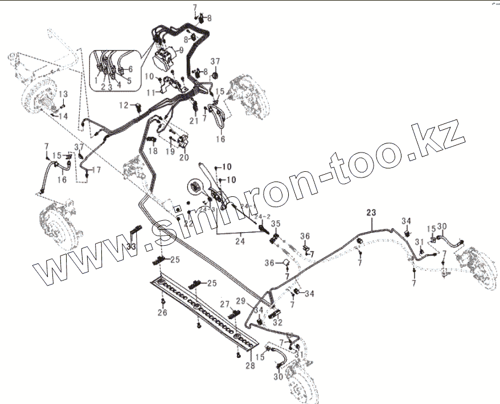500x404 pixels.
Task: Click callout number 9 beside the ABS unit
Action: point(181,50)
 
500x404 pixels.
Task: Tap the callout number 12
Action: point(124,105)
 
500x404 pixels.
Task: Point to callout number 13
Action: point(63,93)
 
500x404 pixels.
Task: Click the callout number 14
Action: point(63,116)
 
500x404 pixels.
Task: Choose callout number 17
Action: point(96,170)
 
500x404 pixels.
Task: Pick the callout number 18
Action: point(152,151)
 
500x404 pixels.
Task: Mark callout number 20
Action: point(184,157)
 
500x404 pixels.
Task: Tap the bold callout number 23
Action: point(371,213)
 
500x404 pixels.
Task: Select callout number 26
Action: point(163,312)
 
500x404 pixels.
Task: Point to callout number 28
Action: point(250,366)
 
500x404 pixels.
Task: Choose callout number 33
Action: point(132,246)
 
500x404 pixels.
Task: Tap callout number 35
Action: point(276,223)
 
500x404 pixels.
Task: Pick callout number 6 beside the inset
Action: point(130,69)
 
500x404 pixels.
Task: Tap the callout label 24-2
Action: point(262,216)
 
